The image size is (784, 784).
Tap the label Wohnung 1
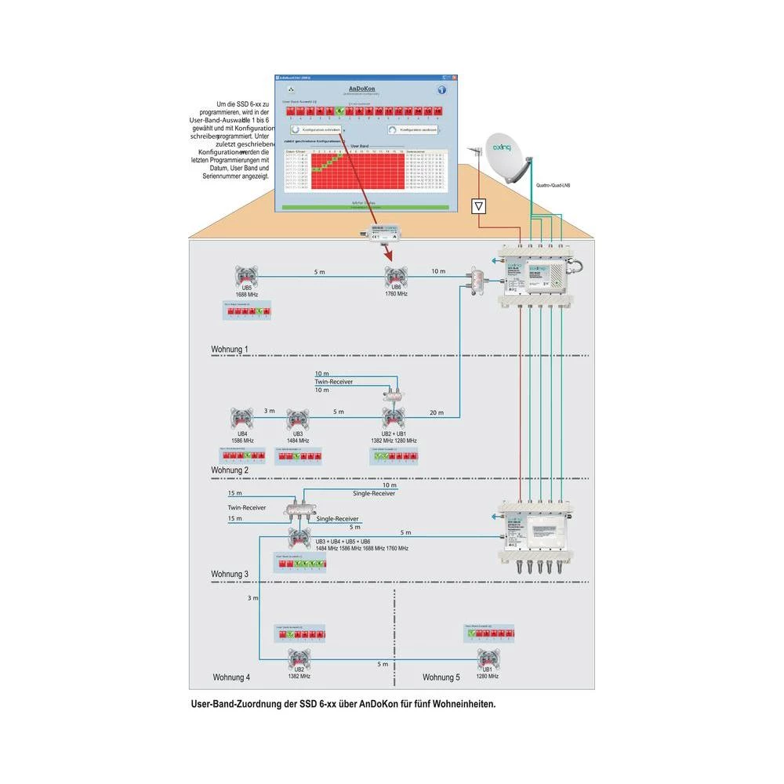click(230, 349)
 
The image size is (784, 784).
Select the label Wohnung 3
click(230, 574)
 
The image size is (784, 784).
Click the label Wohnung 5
click(441, 677)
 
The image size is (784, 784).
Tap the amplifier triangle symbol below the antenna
click(479, 207)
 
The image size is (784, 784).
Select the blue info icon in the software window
click(441, 89)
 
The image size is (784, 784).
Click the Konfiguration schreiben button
click(316, 129)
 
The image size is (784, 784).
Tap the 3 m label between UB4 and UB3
click(269, 411)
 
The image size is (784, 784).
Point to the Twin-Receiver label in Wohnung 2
click(333, 382)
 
